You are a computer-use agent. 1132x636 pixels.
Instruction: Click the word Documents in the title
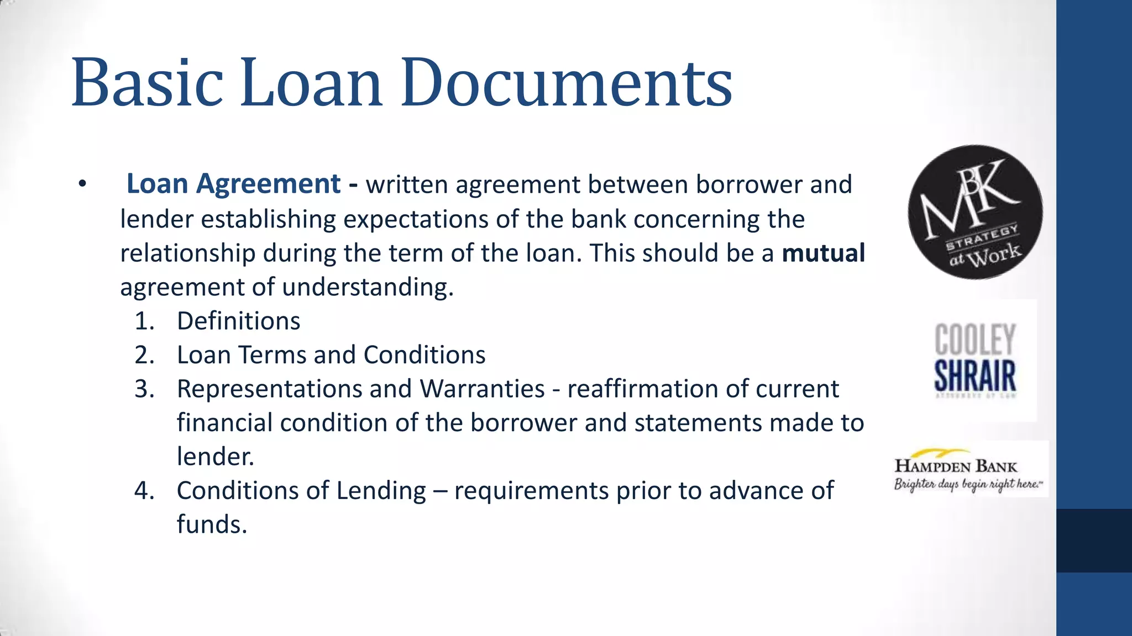pyautogui.click(x=567, y=83)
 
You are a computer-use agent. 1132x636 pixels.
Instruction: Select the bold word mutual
pyautogui.click(x=823, y=253)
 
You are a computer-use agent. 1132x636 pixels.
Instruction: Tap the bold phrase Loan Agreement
pyautogui.click(x=233, y=184)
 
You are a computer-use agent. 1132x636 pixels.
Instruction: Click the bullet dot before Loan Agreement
pyautogui.click(x=82, y=184)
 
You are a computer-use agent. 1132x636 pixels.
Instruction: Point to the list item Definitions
pyautogui.click(x=238, y=321)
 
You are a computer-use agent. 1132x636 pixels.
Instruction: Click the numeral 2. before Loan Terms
pyautogui.click(x=144, y=355)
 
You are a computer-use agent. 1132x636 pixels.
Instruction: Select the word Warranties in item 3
pyautogui.click(x=482, y=389)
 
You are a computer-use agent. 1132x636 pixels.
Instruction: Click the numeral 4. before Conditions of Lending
pyautogui.click(x=144, y=491)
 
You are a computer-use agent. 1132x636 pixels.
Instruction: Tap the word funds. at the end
pyautogui.click(x=212, y=524)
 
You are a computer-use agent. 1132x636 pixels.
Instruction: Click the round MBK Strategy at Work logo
pyautogui.click(x=975, y=213)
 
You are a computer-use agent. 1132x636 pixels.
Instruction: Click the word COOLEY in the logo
pyautogui.click(x=975, y=339)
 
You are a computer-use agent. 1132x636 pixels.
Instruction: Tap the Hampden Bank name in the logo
pyautogui.click(x=956, y=466)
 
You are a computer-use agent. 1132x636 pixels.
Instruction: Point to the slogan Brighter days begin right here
pyautogui.click(x=967, y=484)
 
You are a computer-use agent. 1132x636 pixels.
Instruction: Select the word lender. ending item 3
pyautogui.click(x=215, y=457)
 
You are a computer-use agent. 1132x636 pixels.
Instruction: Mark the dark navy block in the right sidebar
pyautogui.click(x=1094, y=540)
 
